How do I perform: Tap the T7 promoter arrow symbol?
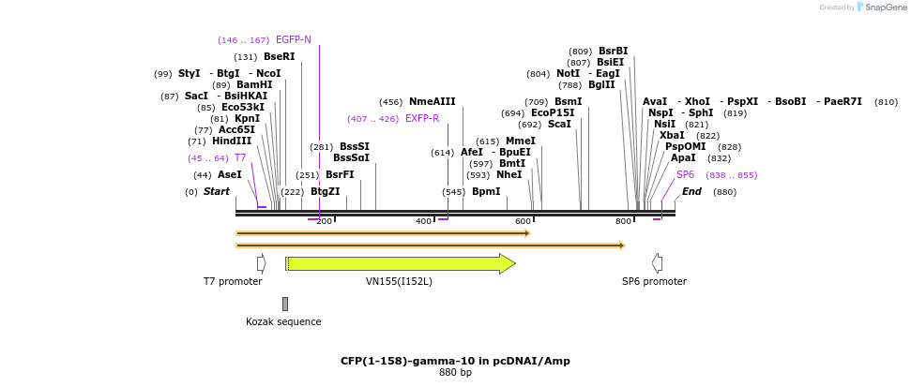click(262, 263)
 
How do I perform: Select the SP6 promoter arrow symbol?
click(657, 263)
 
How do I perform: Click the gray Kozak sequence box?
click(285, 304)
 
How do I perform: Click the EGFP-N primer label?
click(294, 40)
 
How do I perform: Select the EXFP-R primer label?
click(422, 119)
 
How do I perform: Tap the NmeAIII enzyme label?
click(432, 102)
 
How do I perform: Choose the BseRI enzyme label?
click(280, 57)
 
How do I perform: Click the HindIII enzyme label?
click(232, 141)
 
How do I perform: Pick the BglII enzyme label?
click(601, 85)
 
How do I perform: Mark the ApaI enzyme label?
click(683, 158)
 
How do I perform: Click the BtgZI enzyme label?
click(326, 192)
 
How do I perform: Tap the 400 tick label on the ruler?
click(424, 221)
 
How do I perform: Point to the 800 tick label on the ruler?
click(623, 221)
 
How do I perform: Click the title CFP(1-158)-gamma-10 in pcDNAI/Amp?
click(455, 361)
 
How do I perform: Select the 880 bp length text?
click(455, 373)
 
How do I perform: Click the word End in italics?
click(691, 192)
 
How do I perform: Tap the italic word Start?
click(217, 192)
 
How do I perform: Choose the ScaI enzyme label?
click(559, 125)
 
